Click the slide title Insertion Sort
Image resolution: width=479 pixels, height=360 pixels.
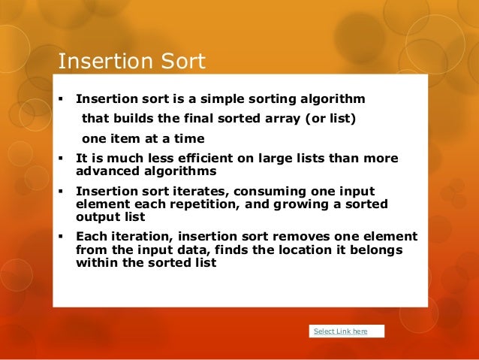(131, 61)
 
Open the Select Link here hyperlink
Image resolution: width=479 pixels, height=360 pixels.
(340, 331)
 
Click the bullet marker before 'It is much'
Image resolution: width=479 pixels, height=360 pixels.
(60, 158)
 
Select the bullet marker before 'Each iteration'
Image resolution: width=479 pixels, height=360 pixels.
(60, 236)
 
